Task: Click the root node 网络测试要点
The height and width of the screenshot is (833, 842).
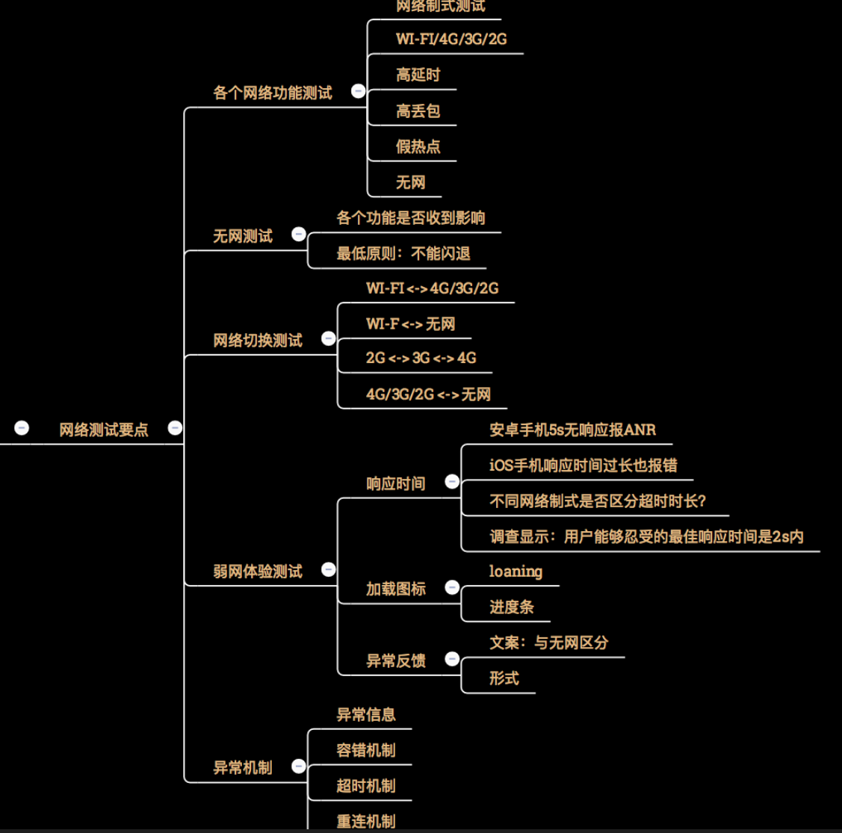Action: (x=104, y=430)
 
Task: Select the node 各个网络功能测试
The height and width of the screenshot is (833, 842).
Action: (x=273, y=93)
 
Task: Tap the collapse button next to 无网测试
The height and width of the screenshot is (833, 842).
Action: (x=299, y=235)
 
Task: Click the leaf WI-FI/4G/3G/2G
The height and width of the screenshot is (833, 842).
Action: (x=451, y=39)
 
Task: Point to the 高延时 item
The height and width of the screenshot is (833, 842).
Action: (x=418, y=75)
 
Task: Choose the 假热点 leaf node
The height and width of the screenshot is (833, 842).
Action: (x=418, y=146)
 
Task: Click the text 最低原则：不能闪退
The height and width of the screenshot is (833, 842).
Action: (x=403, y=254)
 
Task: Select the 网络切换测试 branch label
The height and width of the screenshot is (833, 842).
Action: (x=258, y=341)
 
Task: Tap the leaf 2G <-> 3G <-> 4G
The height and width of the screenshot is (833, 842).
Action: (x=421, y=358)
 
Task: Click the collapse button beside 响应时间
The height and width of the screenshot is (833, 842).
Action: (x=452, y=482)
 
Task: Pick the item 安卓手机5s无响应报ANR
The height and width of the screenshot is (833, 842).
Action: (x=572, y=430)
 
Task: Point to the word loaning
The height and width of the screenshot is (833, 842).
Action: (x=516, y=572)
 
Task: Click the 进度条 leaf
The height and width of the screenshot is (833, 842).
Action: (x=512, y=607)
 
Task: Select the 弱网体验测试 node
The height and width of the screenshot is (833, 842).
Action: (x=258, y=572)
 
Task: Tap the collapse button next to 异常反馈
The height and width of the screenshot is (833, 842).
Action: (x=452, y=659)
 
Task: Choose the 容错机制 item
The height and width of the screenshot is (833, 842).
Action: (x=366, y=750)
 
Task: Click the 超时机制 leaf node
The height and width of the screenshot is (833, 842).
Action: (x=366, y=786)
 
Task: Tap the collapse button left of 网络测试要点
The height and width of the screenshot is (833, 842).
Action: (x=22, y=428)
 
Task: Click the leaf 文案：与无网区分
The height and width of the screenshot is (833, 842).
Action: (x=549, y=642)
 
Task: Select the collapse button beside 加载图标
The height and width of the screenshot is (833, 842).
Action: (x=452, y=588)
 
